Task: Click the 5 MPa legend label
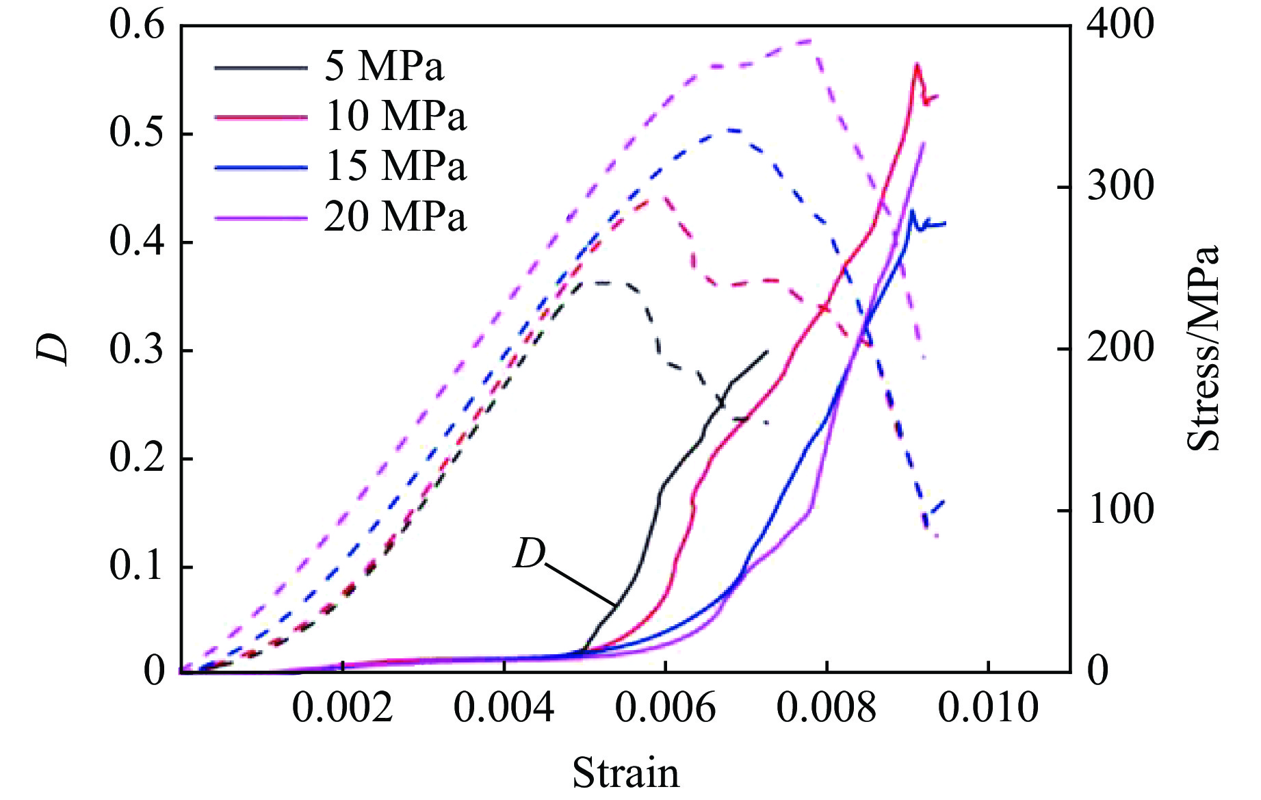384,66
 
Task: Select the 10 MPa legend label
395,116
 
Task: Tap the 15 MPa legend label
395,166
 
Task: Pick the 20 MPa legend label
395,217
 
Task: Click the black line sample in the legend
261,67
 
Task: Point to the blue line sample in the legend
261,167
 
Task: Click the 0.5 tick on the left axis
137,134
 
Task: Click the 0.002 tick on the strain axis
343,708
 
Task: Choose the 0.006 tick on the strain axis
665,708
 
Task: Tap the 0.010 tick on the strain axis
988,708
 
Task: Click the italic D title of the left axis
53,349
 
